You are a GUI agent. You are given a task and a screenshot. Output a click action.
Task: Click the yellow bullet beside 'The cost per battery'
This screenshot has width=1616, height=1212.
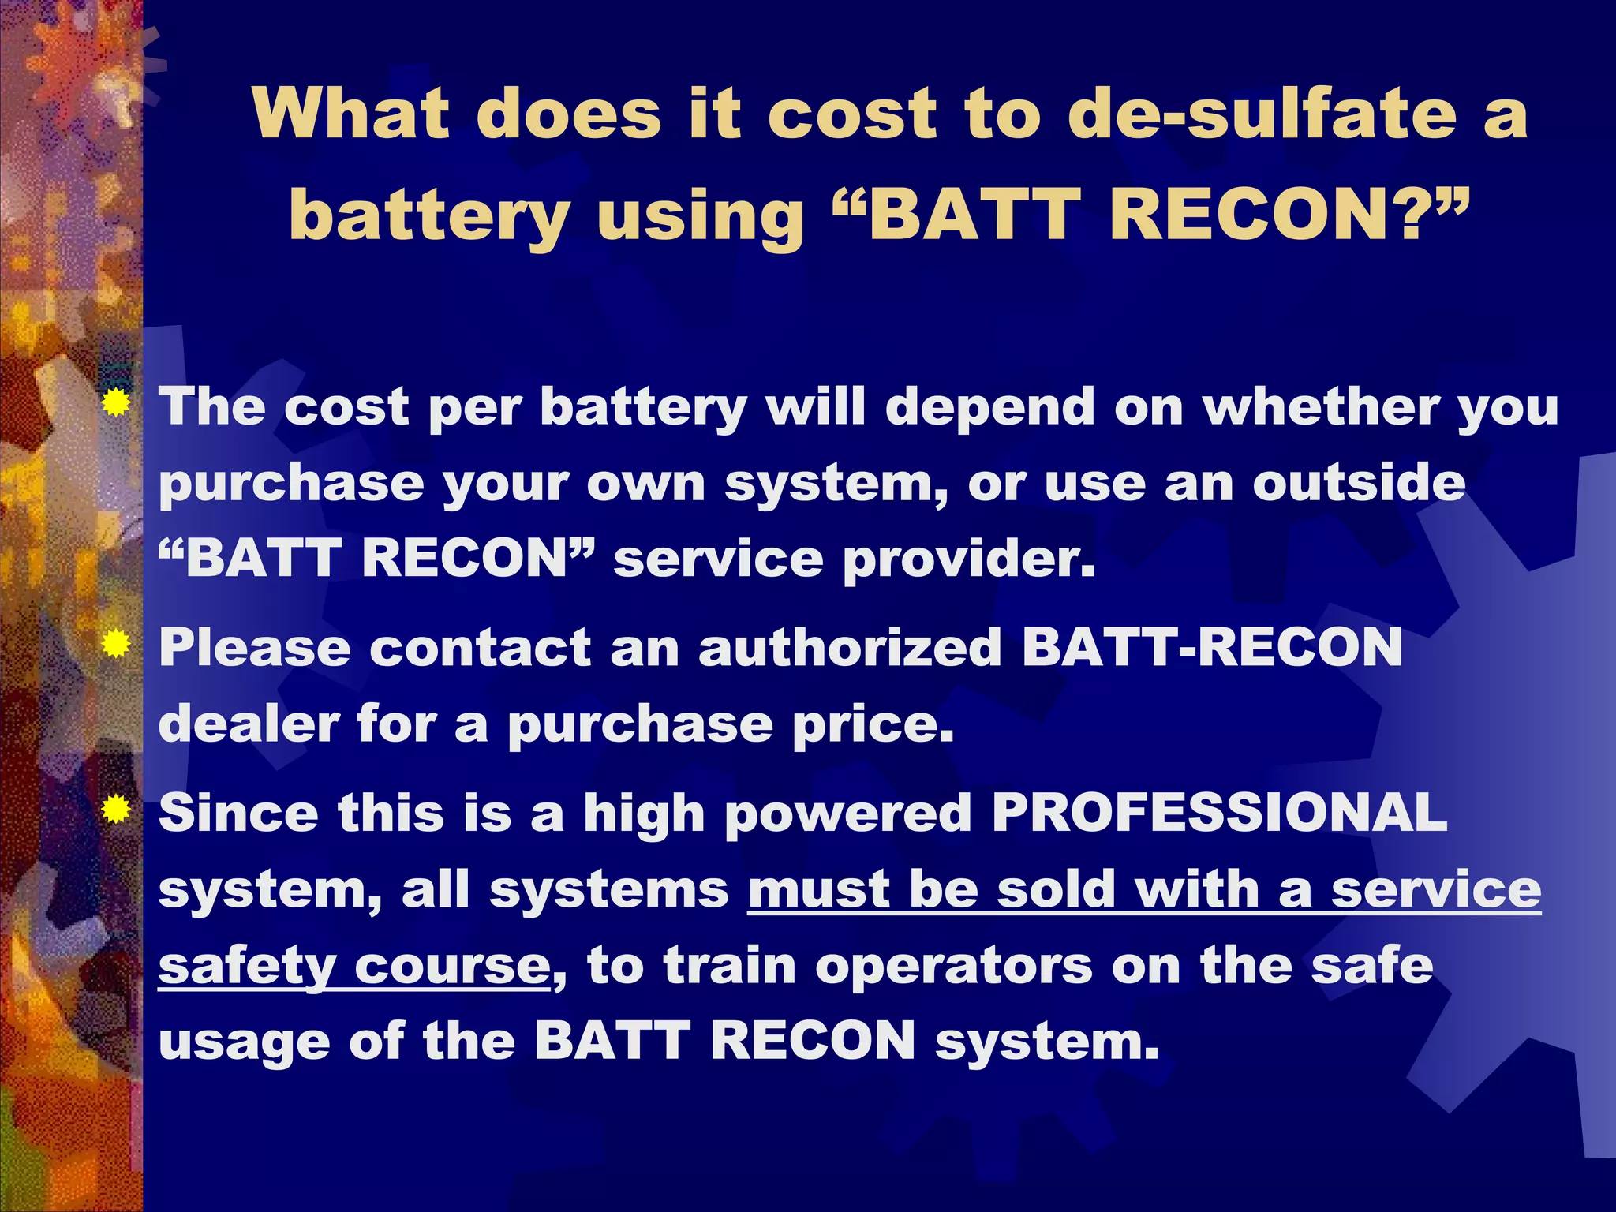[x=116, y=403]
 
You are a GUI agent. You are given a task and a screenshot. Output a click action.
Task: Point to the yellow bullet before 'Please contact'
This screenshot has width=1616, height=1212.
[x=116, y=645]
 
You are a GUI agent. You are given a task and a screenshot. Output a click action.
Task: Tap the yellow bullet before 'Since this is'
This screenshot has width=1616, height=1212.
[x=116, y=810]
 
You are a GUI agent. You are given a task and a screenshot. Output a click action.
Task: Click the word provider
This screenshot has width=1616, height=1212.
[x=969, y=559]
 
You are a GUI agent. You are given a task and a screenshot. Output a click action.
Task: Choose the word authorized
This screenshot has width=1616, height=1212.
[x=851, y=648]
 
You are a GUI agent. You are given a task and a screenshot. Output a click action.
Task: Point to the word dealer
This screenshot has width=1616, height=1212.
[x=248, y=724]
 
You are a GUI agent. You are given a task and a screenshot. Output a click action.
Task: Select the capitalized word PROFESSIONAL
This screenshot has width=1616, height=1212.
[x=1219, y=812]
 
